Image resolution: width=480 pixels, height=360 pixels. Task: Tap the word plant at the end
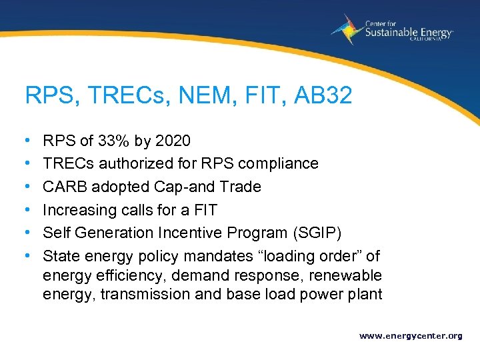[x=365, y=295]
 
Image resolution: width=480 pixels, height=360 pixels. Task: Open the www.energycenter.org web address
[x=411, y=336]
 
